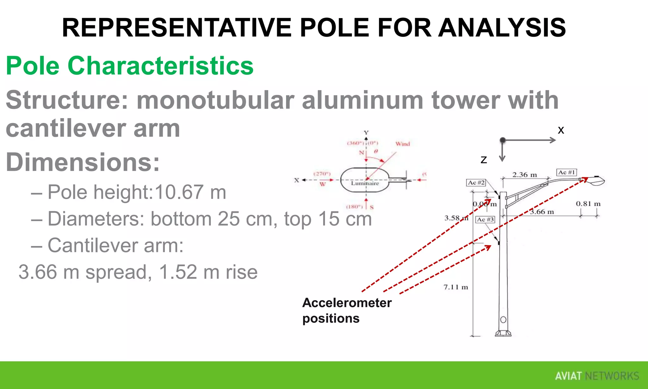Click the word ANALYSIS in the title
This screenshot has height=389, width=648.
502,28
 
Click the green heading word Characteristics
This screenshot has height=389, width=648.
160,66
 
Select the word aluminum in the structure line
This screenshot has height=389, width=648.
363,100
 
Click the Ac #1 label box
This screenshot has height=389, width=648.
566,173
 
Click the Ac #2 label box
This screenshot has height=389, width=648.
476,183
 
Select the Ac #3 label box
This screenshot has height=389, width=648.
485,220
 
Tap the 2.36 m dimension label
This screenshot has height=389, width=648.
525,175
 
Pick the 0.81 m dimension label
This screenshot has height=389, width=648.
588,204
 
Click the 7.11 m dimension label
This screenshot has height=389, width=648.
456,287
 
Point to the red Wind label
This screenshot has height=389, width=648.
402,144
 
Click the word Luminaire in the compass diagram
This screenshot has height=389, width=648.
365,183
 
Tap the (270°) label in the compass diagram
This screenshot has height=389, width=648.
322,174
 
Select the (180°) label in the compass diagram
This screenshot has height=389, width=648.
354,207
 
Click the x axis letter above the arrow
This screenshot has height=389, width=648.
561,130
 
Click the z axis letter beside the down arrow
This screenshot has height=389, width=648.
483,160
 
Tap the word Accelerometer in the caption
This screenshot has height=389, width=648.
347,303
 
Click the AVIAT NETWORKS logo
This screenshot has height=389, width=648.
597,376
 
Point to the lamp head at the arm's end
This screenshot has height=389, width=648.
596,181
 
